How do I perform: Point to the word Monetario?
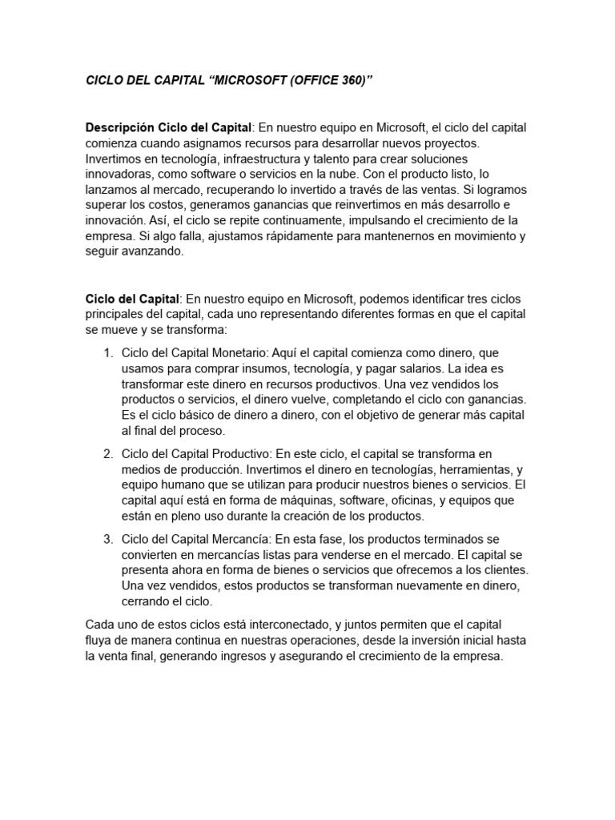(x=238, y=353)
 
